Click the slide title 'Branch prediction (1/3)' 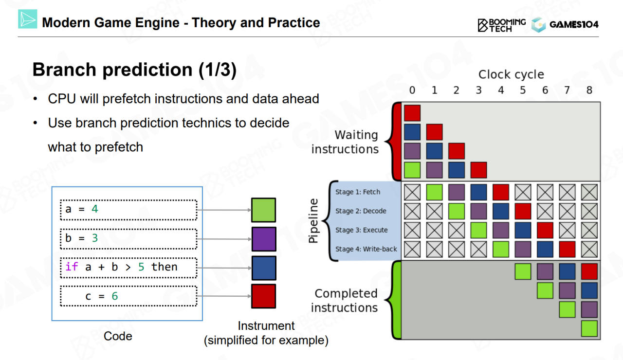click(134, 70)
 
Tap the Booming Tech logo click(502, 25)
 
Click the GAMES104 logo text click(574, 25)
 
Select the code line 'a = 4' click(128, 210)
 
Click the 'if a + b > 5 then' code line click(128, 267)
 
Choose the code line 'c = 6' click(128, 296)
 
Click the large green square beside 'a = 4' click(263, 210)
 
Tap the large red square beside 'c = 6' click(263, 296)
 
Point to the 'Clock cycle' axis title click(511, 74)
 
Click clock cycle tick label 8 click(589, 90)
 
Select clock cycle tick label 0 click(412, 90)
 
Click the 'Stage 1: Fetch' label click(358, 192)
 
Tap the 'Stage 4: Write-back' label click(366, 249)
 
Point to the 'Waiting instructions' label click(345, 142)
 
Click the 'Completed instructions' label click(345, 301)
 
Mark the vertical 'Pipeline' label click(314, 220)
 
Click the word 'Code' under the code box click(118, 336)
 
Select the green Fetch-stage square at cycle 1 click(434, 192)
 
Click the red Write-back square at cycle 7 click(567, 249)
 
